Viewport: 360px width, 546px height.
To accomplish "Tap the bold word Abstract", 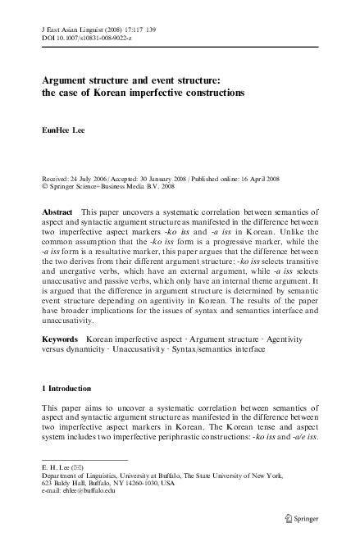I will [x=57, y=211].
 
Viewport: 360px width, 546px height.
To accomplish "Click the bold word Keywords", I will [x=60, y=337].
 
